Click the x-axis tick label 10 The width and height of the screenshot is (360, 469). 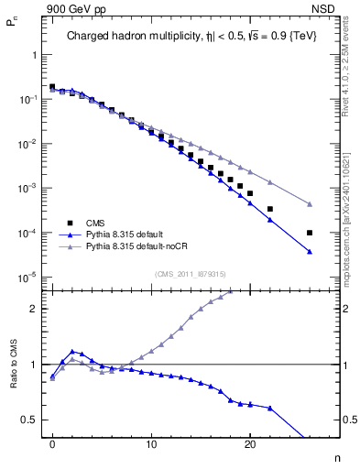point(151,442)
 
